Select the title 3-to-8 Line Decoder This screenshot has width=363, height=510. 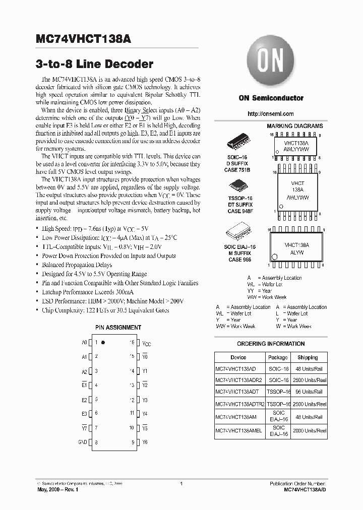(94, 64)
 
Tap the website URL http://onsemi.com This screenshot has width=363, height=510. (271, 114)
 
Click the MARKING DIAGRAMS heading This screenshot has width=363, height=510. (294, 125)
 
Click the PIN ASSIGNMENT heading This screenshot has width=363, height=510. (118, 328)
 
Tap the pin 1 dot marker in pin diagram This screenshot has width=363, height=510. (103, 342)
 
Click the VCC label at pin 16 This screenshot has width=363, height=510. (146, 343)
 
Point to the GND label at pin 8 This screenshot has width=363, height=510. (83, 442)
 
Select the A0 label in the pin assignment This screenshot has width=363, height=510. (84, 342)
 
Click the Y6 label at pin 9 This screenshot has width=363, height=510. (145, 442)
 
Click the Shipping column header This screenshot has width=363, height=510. (308, 357)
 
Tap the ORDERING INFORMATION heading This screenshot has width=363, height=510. (271, 344)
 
